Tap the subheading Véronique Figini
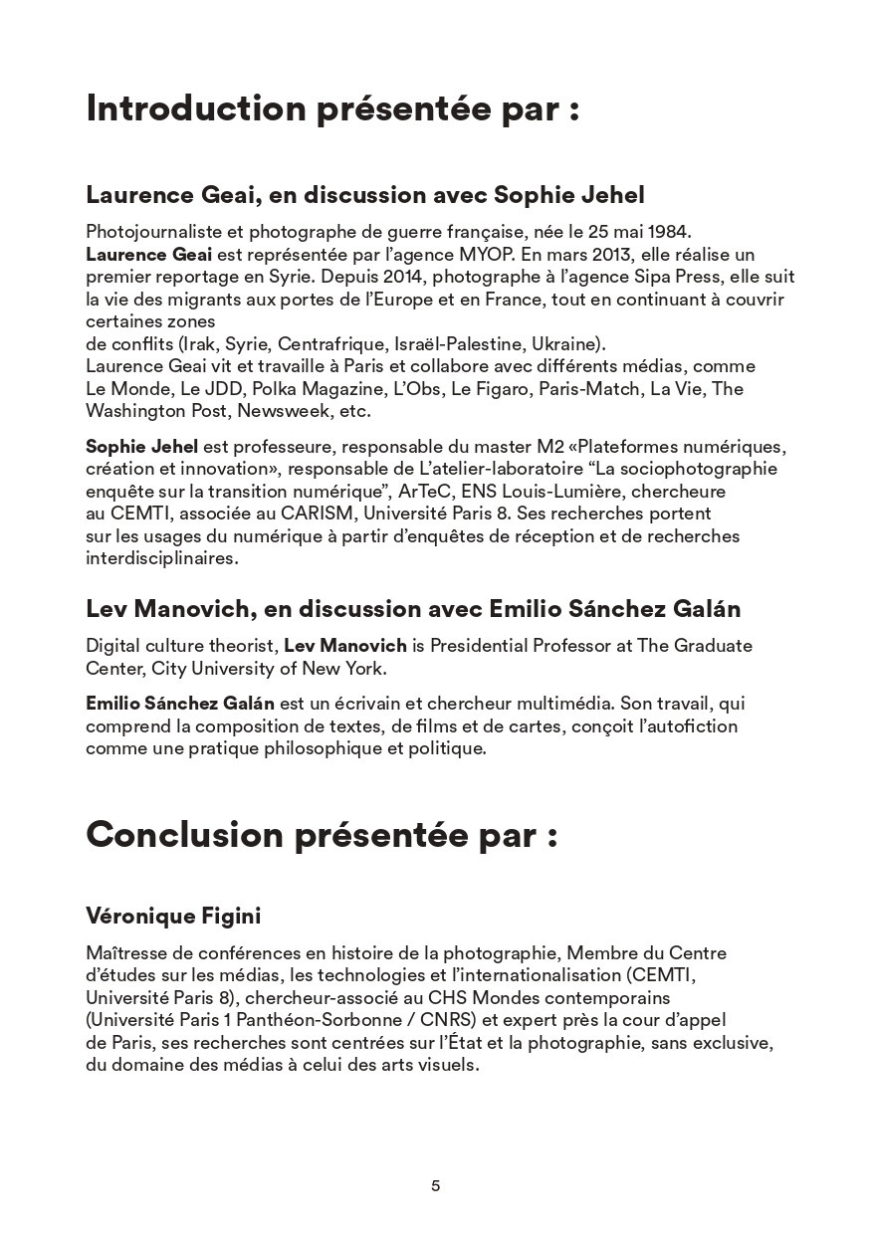pyautogui.click(x=173, y=915)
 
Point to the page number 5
pyautogui.click(x=435, y=1185)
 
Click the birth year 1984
pyautogui.click(x=669, y=232)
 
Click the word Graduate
pyautogui.click(x=711, y=646)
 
